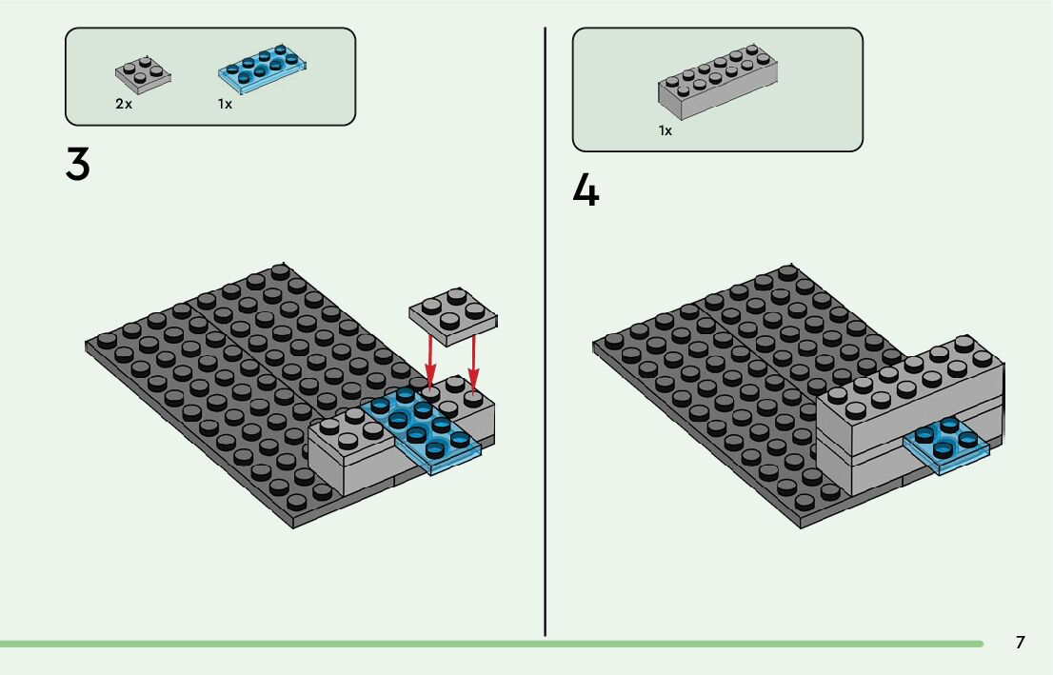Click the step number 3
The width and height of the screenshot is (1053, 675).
tap(78, 165)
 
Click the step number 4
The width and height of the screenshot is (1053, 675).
tap(586, 191)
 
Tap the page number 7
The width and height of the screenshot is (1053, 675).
tap(1020, 643)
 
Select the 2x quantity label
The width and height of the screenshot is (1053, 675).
tap(124, 104)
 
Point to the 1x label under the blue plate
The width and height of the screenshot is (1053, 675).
tap(225, 104)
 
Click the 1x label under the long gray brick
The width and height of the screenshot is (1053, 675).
tap(666, 130)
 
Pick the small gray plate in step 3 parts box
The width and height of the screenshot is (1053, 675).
tap(144, 75)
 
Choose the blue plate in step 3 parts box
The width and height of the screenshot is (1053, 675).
tap(266, 68)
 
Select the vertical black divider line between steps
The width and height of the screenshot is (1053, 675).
tap(545, 333)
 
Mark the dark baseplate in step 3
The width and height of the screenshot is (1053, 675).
tap(209, 381)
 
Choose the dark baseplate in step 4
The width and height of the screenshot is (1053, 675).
tap(714, 381)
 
